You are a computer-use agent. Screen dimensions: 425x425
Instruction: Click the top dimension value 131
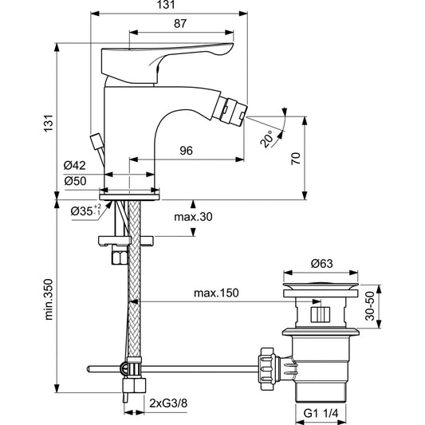[x=164, y=6]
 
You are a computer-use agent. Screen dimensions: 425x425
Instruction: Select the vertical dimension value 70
[x=296, y=159]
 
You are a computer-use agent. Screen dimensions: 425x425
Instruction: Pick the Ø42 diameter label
[x=76, y=166]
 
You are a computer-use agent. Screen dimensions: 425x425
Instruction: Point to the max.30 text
[x=194, y=216]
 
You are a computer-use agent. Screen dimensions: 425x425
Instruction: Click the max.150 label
[x=216, y=293]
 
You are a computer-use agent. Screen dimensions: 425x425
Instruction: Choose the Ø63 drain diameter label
[x=322, y=263]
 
